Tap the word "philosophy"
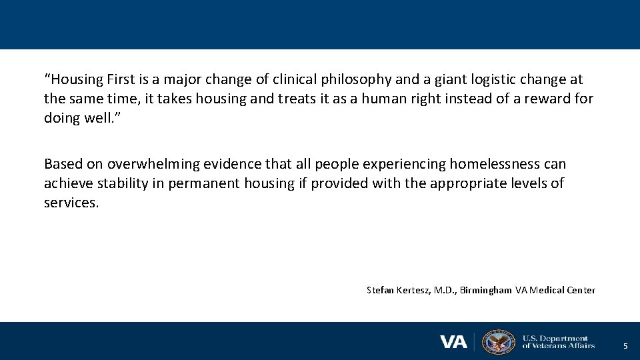(x=356, y=80)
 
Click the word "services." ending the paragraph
(x=71, y=203)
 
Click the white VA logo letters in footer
(x=453, y=342)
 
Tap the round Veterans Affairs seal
(x=498, y=342)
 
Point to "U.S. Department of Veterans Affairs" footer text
(x=558, y=342)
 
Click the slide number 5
(x=625, y=346)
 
